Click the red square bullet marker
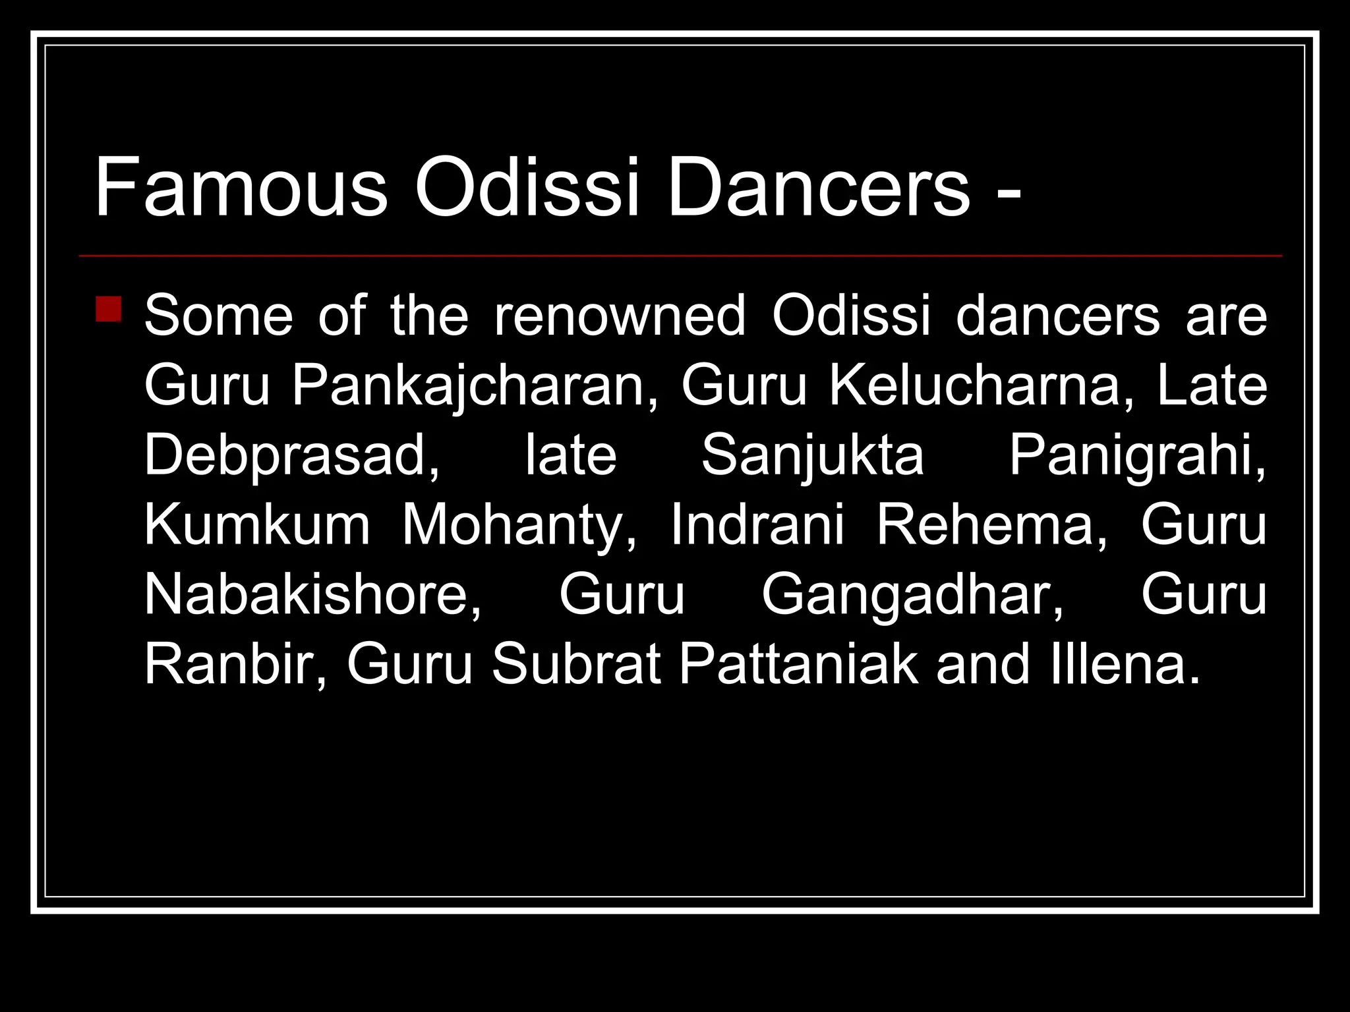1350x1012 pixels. tap(109, 309)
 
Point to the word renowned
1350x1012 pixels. tap(620, 316)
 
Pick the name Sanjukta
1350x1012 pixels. tap(812, 456)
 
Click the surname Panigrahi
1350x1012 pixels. tap(1137, 456)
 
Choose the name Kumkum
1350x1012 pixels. tap(257, 526)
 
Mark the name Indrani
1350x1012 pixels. tap(757, 526)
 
